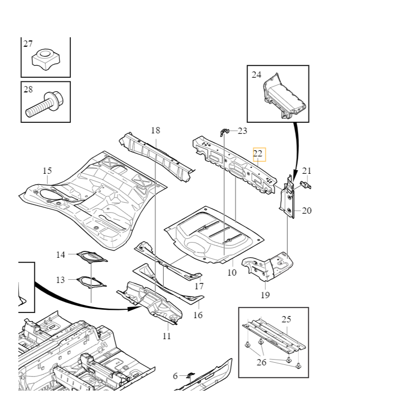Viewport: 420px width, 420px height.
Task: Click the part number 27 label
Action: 28,44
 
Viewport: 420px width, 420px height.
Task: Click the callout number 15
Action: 47,171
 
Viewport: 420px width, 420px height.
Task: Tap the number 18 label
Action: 155,130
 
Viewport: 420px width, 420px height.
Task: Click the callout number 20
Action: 307,211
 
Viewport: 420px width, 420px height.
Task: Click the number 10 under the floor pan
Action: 232,272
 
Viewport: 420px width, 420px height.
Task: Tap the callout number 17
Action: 199,287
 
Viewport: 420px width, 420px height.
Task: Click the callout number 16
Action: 197,315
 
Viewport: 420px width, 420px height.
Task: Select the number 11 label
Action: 166,336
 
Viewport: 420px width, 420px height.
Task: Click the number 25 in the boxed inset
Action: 286,319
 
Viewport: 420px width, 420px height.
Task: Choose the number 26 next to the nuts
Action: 261,362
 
